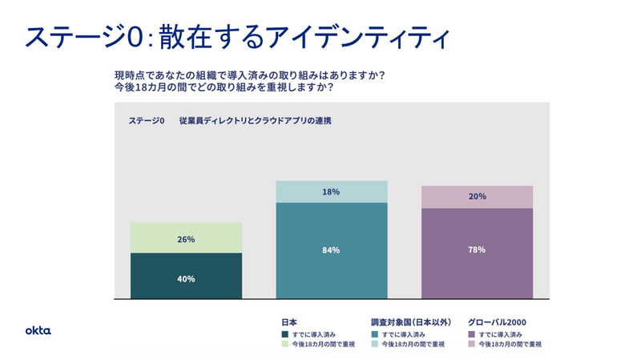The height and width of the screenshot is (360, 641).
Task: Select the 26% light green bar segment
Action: pyautogui.click(x=186, y=237)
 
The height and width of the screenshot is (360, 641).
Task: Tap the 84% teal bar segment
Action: pyautogui.click(x=332, y=250)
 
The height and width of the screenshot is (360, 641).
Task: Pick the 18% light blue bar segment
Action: pyautogui.click(x=332, y=192)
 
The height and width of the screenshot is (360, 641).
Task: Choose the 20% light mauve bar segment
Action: pyautogui.click(x=478, y=196)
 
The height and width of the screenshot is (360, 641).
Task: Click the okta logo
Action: pyautogui.click(x=38, y=330)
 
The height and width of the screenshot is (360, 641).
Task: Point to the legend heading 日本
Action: pyautogui.click(x=289, y=322)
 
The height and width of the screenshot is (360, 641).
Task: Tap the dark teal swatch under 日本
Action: pyautogui.click(x=284, y=334)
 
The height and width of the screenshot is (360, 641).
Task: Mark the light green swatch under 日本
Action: pyautogui.click(x=284, y=344)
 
